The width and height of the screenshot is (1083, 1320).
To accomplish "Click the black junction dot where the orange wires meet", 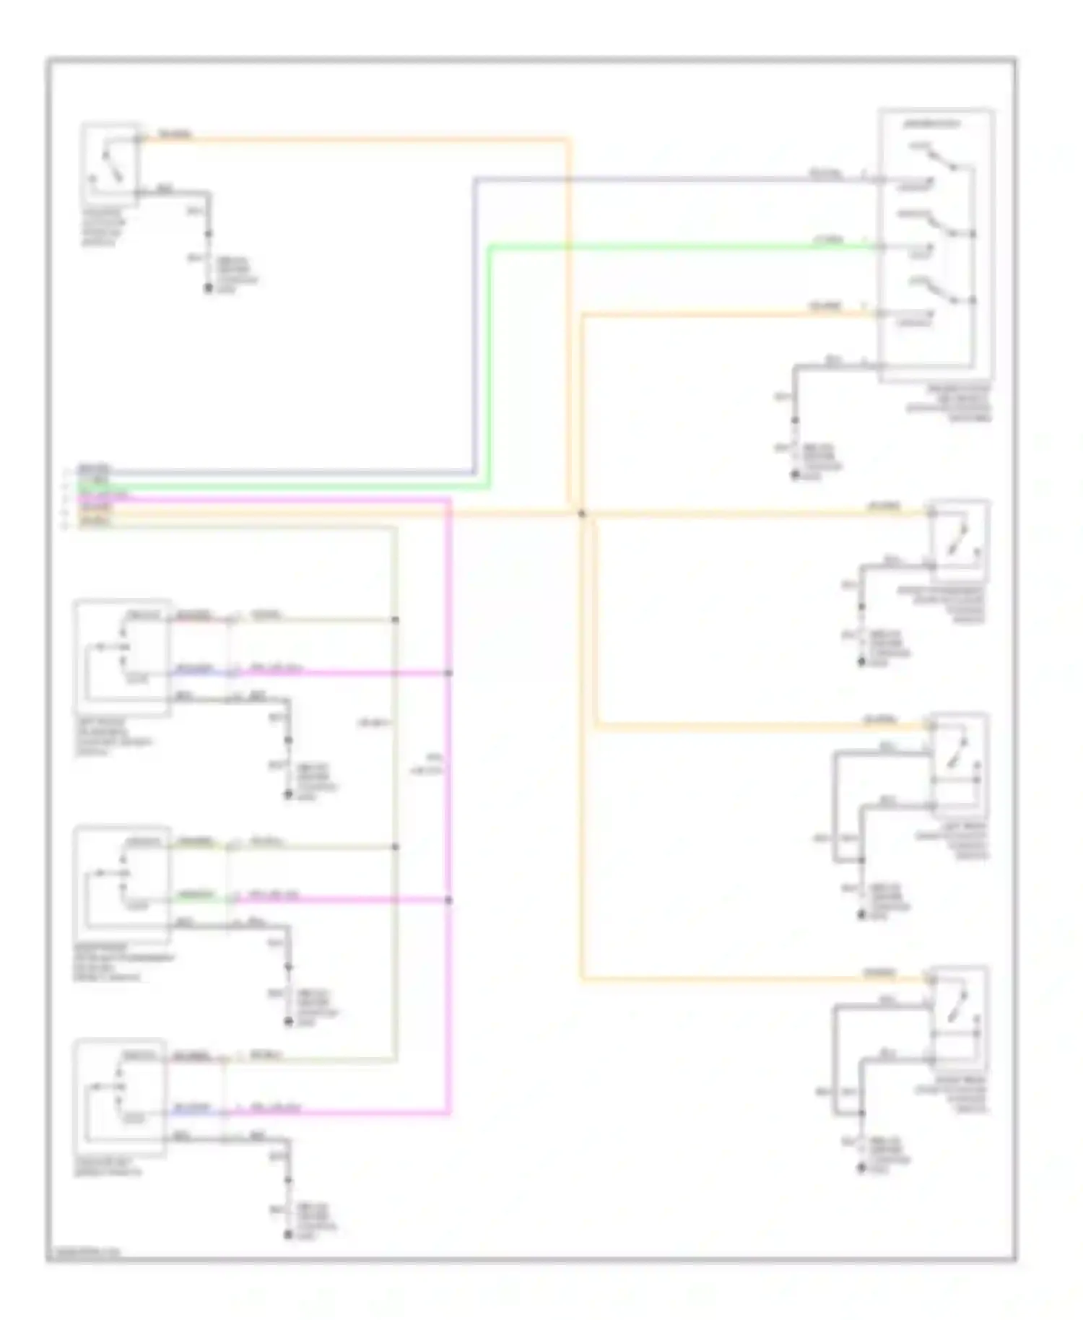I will [x=582, y=513].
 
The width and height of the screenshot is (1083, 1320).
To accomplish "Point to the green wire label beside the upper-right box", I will [x=827, y=240].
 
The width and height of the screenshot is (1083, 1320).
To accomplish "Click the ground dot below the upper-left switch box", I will [x=209, y=288].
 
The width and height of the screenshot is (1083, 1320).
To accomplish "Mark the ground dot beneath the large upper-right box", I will [x=795, y=474].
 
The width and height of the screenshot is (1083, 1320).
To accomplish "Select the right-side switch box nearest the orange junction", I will [x=957, y=540].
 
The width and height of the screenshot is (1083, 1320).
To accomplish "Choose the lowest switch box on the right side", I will [x=957, y=1015].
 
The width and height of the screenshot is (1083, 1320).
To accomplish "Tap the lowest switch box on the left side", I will [x=121, y=1098].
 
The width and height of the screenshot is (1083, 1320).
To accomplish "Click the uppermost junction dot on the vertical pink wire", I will [x=448, y=673].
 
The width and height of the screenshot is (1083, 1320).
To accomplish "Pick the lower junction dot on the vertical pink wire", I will [x=448, y=900].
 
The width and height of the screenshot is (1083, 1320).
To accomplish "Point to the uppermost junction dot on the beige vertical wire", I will [x=395, y=620].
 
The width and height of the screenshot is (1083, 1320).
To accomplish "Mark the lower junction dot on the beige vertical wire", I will [x=395, y=846].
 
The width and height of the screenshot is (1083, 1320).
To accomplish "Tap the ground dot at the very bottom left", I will [x=288, y=1234].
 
